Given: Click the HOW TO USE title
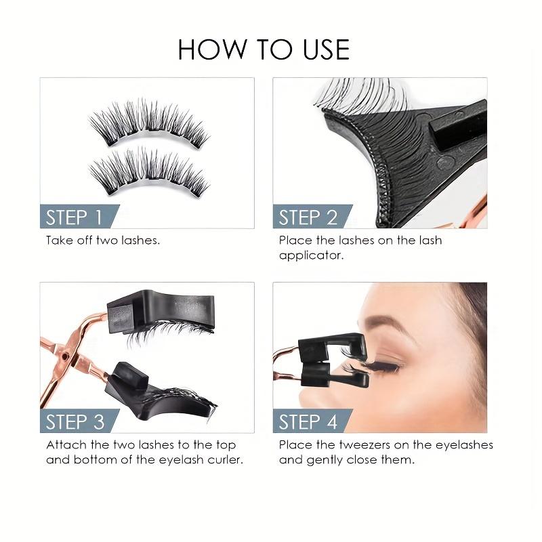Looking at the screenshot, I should point(264,50).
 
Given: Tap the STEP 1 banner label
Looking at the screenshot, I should point(75,217).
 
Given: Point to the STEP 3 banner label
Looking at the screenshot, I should point(75,421).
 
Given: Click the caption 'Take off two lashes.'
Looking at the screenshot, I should point(103,241).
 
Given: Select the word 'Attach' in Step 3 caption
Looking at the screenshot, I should point(64,445).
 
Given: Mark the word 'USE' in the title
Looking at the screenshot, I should point(322,50).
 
